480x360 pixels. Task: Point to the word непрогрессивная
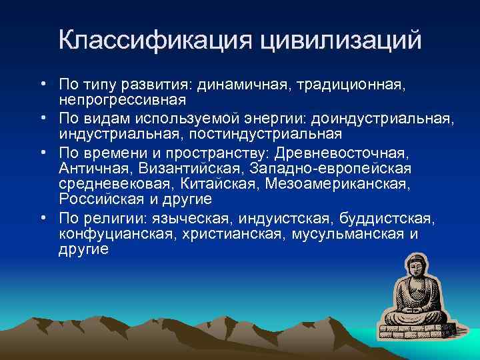click(x=122, y=99)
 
